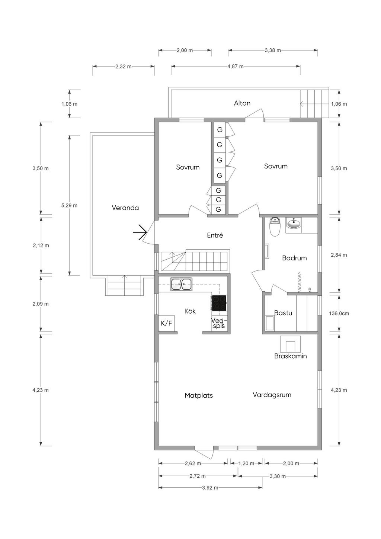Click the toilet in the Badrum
coord(275,227)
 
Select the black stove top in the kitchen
coord(219,303)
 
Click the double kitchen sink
coord(181,284)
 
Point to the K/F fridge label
coord(166,323)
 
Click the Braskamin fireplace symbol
coord(290,344)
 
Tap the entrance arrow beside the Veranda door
coord(140,232)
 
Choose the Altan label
coord(242,103)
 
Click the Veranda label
coord(125,208)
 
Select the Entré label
coord(215,235)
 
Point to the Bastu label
coord(283,313)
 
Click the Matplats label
coord(199,395)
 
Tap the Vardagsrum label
coord(272,395)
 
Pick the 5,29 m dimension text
coord(69,205)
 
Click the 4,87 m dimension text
coord(236,67)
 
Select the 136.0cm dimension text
coord(339,313)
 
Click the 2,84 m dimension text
coord(339,255)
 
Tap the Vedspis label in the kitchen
coord(219,323)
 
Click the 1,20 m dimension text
coord(246,463)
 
